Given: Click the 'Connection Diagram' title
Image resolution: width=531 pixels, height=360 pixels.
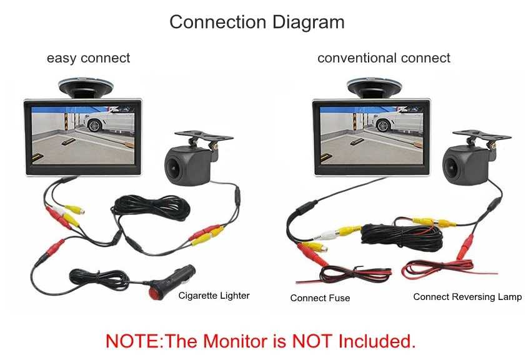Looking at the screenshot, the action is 257,22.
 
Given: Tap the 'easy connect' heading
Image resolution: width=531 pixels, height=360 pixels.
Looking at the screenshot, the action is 89,58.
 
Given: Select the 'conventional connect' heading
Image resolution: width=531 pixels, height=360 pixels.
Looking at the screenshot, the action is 384,58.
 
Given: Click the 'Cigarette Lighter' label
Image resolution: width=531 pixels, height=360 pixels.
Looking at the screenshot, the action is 214,296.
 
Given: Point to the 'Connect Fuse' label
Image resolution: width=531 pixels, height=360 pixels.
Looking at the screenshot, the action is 320,298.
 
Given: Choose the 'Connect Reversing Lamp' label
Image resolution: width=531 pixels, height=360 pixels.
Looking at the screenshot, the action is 467,297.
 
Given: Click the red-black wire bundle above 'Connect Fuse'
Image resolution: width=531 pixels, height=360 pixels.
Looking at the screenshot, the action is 354,274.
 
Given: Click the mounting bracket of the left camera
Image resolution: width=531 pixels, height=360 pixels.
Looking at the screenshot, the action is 197,137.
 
